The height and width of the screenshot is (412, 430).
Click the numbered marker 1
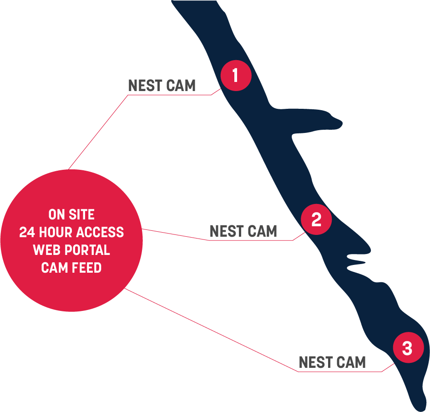click(236, 75)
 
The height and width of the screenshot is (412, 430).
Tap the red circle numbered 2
click(316, 220)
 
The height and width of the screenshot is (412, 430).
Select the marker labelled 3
click(408, 349)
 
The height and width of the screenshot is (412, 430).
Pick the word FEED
click(86, 268)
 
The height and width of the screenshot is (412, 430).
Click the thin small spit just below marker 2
click(357, 263)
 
